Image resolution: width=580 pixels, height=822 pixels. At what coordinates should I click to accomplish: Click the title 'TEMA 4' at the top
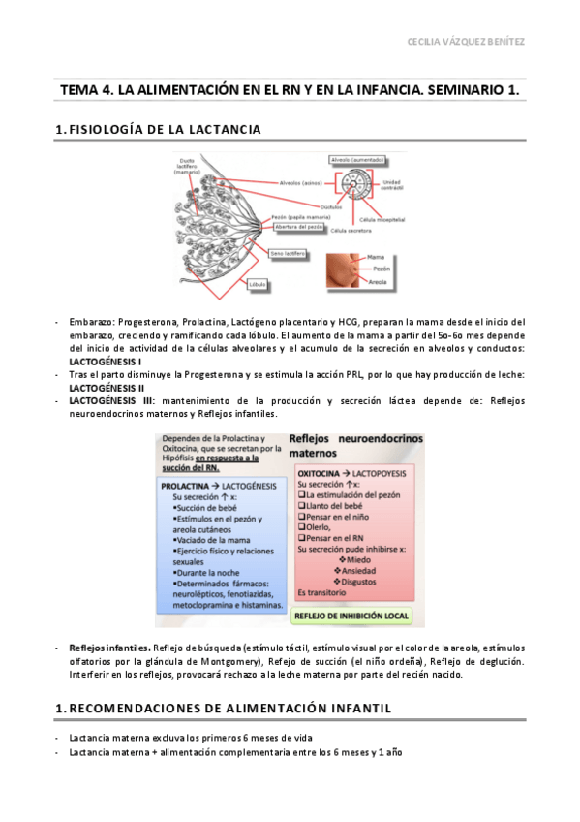[290, 89]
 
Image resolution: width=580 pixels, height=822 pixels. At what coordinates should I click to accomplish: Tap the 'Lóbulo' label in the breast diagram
[257, 284]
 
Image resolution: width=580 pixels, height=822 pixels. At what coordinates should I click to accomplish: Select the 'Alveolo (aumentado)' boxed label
[354, 158]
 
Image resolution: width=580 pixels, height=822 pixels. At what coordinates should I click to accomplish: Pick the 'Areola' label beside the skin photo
[377, 282]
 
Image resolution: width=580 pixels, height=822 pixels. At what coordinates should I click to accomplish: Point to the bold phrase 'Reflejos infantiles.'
[109, 647]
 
